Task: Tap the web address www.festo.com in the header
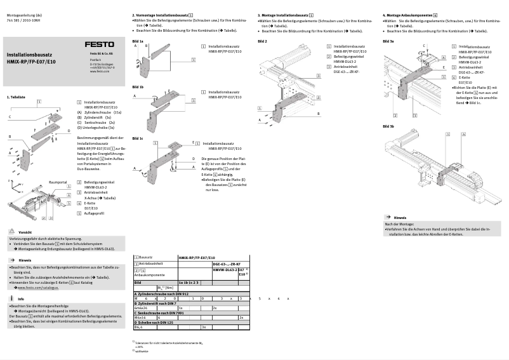[x=99, y=71]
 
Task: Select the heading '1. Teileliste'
[x=16, y=97]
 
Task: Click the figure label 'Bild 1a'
[x=138, y=41]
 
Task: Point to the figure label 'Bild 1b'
[x=138, y=86]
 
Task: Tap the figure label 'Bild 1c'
[x=138, y=138]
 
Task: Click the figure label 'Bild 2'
[x=262, y=41]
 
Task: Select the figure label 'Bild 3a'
[x=388, y=41]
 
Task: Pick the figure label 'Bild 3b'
[x=388, y=126]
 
